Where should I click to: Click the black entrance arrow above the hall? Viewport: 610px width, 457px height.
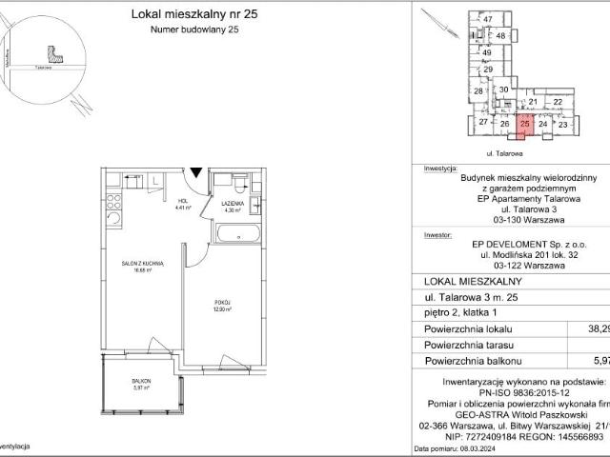point(195,172)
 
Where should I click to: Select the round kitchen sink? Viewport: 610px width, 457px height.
point(112,219)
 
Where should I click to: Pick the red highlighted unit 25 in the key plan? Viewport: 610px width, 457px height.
point(524,123)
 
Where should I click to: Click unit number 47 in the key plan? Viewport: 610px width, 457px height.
point(487,20)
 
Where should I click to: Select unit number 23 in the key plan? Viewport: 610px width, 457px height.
point(562,125)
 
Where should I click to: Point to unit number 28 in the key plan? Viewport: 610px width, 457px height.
point(478,90)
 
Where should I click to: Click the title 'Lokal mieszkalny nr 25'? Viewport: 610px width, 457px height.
point(180,14)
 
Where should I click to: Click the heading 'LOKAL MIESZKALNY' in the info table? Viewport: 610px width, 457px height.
point(471,281)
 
